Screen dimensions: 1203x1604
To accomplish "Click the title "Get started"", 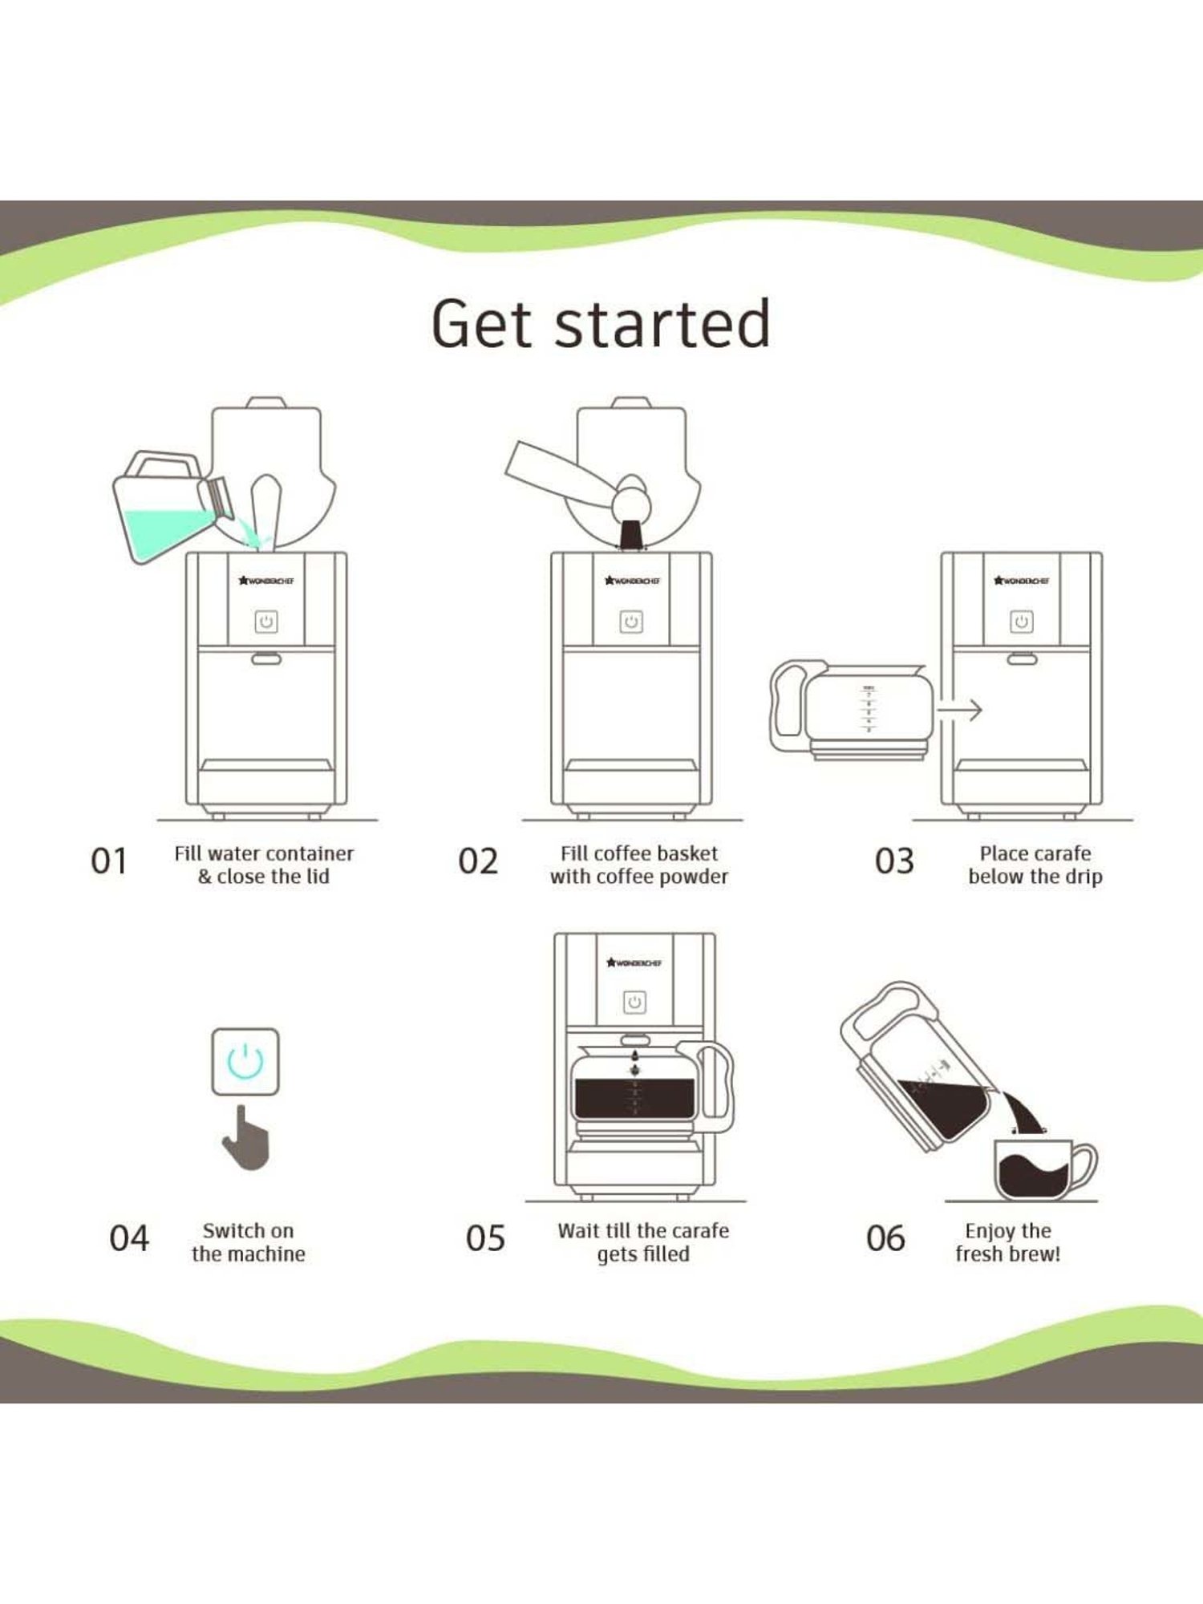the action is (x=601, y=324).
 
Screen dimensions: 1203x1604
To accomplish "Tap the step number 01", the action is (x=109, y=861).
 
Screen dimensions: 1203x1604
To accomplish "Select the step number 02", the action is (x=478, y=861).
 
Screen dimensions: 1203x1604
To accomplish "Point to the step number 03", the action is (x=894, y=861).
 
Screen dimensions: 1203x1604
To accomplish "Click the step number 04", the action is (x=129, y=1238).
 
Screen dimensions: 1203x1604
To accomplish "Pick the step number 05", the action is (x=485, y=1238).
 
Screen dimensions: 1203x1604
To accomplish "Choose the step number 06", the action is (x=885, y=1238).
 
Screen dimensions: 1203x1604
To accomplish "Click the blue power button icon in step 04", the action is (x=245, y=1062).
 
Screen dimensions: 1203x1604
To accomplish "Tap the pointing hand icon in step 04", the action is (x=246, y=1138).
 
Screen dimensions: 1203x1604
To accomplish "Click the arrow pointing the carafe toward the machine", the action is (x=959, y=710).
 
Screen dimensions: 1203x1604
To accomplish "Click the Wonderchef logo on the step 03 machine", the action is (x=1021, y=581).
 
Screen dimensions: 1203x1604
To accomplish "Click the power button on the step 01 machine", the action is (x=266, y=622).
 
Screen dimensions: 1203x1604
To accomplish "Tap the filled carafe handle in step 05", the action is (x=716, y=1087).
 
